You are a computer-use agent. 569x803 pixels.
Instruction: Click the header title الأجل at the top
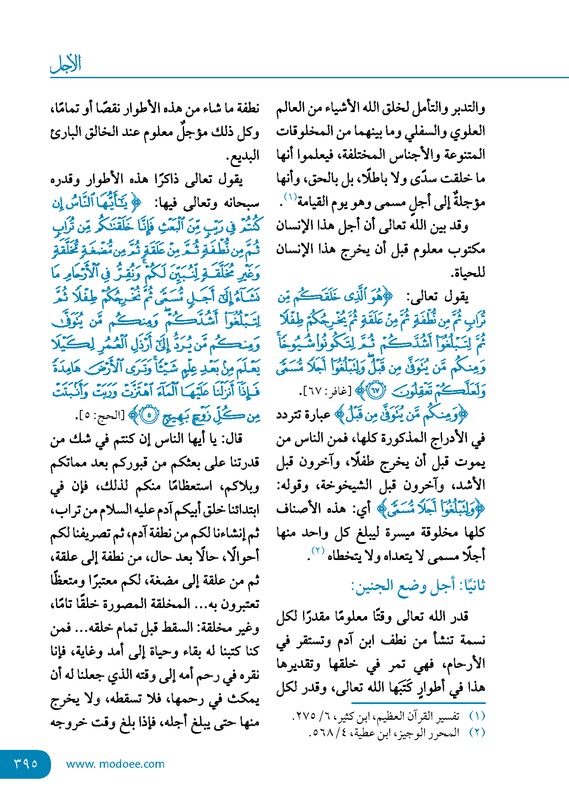click(65, 64)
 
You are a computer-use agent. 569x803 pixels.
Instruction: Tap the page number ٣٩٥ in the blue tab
click(26, 763)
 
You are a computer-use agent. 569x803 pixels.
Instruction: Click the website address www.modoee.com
click(115, 764)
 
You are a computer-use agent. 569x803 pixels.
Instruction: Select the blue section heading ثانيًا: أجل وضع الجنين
click(418, 586)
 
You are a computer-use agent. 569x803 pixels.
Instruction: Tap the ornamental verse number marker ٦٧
click(376, 391)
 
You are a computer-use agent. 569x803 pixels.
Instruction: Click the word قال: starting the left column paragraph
click(230, 439)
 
